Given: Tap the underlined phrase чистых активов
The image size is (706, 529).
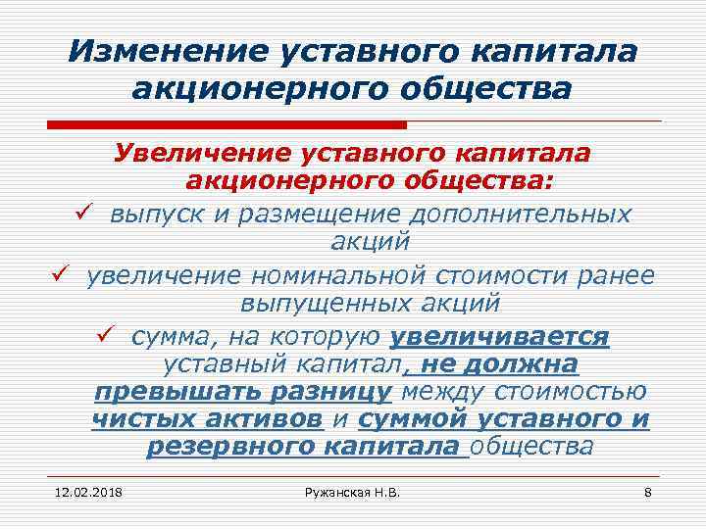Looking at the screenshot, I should coord(207,420).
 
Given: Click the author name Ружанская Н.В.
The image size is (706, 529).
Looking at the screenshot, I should coord(353,491).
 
